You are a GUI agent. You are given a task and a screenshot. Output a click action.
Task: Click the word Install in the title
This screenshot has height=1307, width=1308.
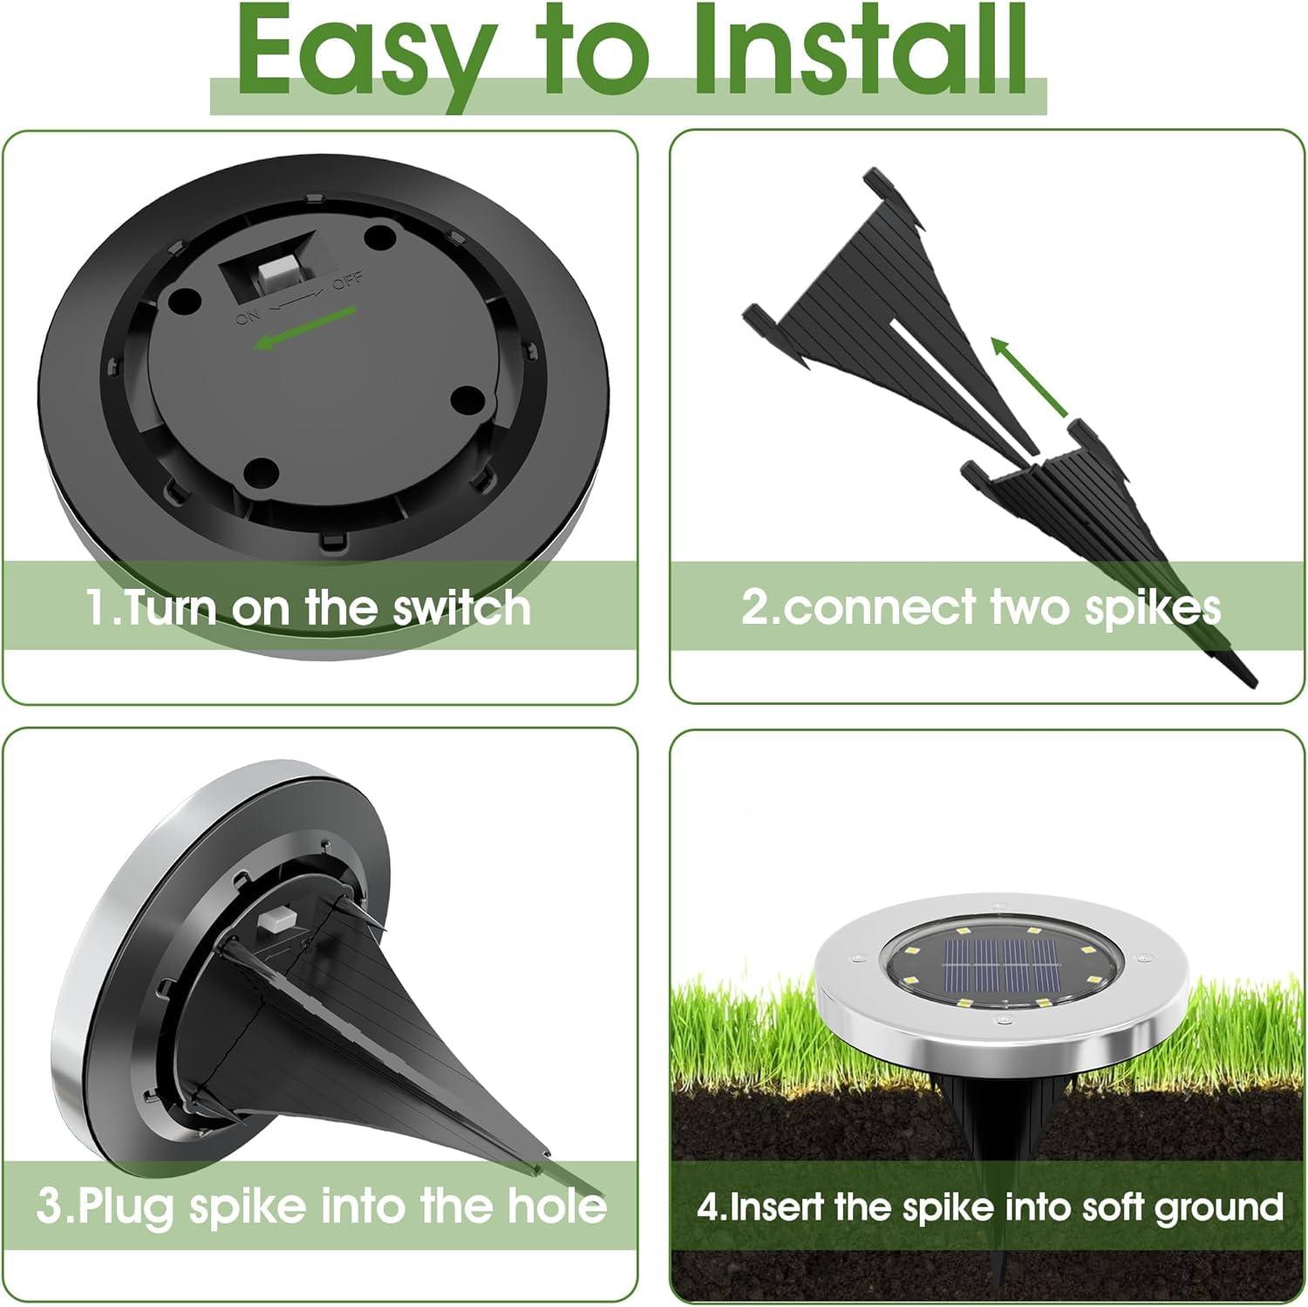click(863, 52)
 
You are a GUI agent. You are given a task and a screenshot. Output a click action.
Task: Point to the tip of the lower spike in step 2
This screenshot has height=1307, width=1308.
click(1251, 679)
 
